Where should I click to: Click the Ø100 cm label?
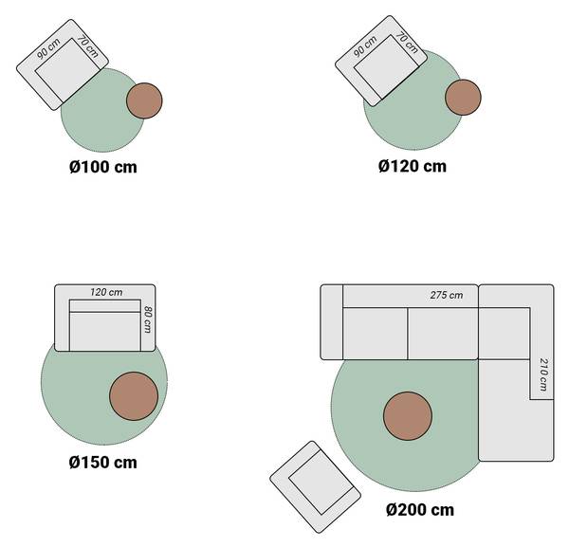(103, 167)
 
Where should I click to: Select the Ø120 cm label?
(413, 166)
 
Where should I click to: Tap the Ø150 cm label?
(103, 463)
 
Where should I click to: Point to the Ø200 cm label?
(420, 510)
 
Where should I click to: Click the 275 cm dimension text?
(447, 295)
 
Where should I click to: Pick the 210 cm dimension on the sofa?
(543, 374)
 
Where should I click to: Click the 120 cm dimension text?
(106, 292)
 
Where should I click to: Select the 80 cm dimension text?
(148, 319)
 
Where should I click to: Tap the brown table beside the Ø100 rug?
(144, 100)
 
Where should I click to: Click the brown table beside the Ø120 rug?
(463, 98)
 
